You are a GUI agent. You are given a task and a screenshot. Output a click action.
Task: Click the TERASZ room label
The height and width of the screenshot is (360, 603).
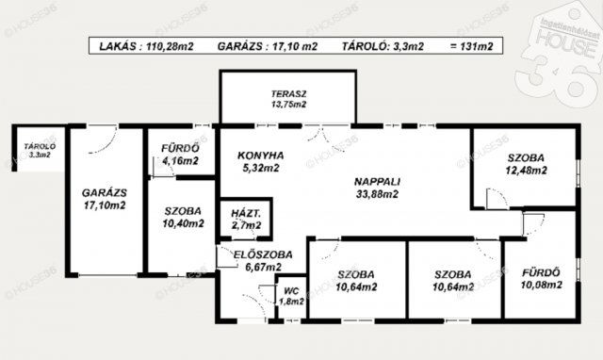coord(288,94)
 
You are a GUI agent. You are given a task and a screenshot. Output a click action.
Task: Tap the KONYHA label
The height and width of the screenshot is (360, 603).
coord(261,155)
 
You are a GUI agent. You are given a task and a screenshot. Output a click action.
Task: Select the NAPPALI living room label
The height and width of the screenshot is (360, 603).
coord(377,182)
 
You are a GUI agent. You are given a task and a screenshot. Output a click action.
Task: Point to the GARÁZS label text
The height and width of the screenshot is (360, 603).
coord(105,192)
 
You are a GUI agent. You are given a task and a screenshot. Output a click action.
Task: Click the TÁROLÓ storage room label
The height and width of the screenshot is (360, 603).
coord(40,146)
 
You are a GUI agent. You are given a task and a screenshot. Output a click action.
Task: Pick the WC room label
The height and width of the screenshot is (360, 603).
coord(291,291)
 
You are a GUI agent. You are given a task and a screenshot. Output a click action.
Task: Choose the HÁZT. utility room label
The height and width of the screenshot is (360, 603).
coord(246,214)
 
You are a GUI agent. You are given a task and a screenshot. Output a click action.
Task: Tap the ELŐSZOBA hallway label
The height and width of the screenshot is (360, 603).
coord(263,254)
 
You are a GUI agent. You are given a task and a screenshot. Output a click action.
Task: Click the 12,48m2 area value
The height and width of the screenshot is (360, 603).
coord(526,171)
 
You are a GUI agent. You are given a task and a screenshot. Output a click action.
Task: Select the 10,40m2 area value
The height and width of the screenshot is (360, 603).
coord(183,223)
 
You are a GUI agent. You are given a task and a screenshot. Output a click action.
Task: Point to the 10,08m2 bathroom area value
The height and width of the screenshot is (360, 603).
coord(542,285)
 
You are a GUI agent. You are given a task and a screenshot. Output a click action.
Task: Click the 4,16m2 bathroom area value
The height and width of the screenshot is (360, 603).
coord(180,161)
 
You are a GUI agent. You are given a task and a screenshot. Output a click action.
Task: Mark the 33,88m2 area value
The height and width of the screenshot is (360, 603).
coord(377,194)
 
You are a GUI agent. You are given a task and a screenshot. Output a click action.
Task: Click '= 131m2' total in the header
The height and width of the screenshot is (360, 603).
coord(471,46)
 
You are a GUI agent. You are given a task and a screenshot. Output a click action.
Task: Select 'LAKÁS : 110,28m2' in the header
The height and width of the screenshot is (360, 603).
coord(147,46)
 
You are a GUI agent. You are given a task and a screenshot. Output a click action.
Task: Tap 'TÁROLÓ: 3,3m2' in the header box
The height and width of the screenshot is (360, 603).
coord(383,46)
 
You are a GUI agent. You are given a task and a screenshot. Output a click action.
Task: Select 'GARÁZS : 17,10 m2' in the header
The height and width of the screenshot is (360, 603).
coord(268,46)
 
